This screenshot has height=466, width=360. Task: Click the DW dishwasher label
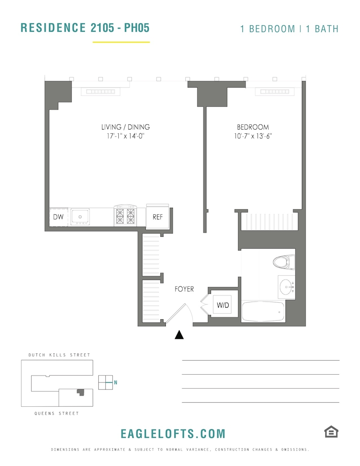[58, 217]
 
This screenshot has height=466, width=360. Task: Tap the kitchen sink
[81, 217]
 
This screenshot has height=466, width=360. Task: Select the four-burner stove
[125, 216]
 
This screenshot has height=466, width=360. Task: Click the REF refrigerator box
[157, 217]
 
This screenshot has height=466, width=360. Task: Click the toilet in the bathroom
[284, 262]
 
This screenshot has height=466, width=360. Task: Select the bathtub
[263, 311]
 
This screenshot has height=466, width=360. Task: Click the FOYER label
[184, 289]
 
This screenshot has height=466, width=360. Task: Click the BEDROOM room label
[253, 127]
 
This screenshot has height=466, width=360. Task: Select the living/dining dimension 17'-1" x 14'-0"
[125, 137]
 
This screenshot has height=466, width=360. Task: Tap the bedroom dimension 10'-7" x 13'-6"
[253, 137]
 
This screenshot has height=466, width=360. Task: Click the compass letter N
[115, 383]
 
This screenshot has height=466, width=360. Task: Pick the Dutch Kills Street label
[59, 355]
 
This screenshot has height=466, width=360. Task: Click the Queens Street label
[56, 413]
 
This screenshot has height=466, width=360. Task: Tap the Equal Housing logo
[331, 432]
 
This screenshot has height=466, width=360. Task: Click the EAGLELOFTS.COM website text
[173, 434]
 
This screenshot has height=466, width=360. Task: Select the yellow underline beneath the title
[121, 42]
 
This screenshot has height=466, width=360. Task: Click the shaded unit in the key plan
[81, 392]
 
